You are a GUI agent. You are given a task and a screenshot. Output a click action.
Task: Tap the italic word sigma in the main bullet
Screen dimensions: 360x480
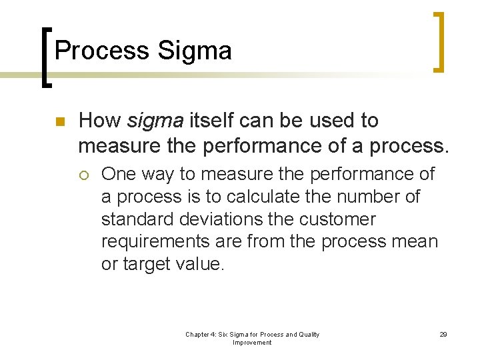pyautogui.click(x=155, y=121)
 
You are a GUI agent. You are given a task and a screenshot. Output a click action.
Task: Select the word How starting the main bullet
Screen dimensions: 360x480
pyautogui.click(x=99, y=121)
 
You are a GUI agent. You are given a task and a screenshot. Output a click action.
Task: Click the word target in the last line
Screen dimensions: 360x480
pyautogui.click(x=151, y=265)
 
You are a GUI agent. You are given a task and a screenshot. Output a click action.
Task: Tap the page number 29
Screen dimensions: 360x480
pyautogui.click(x=443, y=335)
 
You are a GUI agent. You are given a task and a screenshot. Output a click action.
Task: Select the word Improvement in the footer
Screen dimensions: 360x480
pyautogui.click(x=252, y=343)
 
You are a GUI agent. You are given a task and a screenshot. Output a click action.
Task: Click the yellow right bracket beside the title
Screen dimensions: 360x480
pyautogui.click(x=439, y=41)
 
